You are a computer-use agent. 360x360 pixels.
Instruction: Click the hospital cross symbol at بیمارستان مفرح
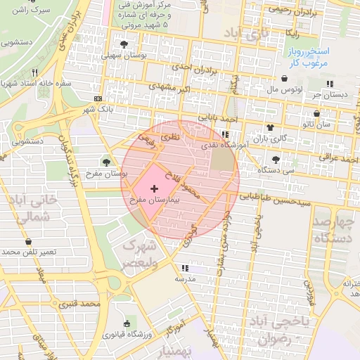(x=155, y=188)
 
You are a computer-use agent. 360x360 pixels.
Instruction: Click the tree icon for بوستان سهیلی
(x=124, y=44)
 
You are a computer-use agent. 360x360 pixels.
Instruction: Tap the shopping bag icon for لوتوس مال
(x=283, y=79)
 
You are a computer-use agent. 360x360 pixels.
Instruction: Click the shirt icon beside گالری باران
(x=269, y=127)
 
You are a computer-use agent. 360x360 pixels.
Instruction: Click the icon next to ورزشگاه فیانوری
(x=127, y=323)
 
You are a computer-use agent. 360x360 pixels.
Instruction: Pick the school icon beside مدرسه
(x=185, y=269)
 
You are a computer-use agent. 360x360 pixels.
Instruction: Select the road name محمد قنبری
(x=78, y=304)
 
